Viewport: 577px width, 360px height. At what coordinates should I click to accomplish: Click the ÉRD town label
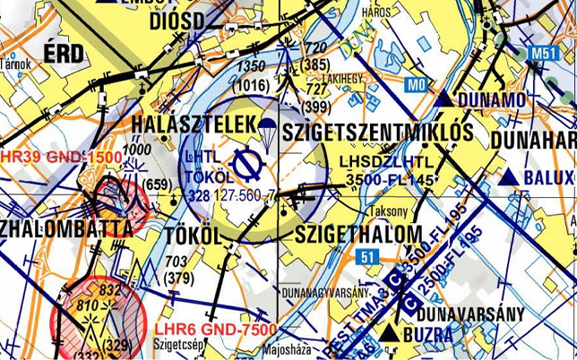[63, 53]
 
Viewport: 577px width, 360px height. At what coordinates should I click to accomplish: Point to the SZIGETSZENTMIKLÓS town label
[377, 132]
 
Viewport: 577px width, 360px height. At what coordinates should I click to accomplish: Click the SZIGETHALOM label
[358, 234]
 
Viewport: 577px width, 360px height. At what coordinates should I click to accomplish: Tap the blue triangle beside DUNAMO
[444, 99]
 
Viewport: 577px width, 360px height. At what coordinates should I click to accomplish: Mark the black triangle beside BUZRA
[389, 333]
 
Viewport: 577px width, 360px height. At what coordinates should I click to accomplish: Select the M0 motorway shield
[414, 85]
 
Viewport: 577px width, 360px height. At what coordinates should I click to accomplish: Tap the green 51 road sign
[366, 257]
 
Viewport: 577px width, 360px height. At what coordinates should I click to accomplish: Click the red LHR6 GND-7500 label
[215, 329]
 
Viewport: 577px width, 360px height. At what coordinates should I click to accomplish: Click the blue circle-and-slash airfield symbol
[245, 164]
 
